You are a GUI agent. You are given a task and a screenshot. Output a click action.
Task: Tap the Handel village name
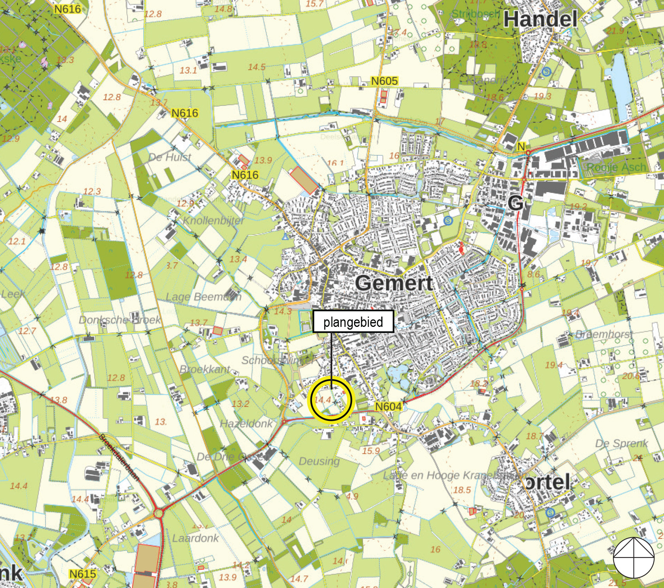(x=540, y=19)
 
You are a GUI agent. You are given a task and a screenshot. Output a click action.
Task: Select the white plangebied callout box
(x=353, y=321)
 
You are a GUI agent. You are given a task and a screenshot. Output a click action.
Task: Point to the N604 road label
(x=388, y=407)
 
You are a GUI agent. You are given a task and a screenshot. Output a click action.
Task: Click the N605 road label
(x=384, y=81)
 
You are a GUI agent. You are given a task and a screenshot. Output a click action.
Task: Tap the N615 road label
(x=82, y=574)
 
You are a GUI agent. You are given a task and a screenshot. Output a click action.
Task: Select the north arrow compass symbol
(x=633, y=558)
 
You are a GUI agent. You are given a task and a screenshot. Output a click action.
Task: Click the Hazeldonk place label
(x=246, y=424)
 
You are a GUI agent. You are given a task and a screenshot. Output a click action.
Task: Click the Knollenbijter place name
(x=214, y=220)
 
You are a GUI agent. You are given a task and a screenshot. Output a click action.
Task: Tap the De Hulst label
(x=169, y=157)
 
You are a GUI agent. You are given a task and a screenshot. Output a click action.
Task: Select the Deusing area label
(x=319, y=461)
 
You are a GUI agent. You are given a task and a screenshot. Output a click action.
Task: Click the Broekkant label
(x=205, y=369)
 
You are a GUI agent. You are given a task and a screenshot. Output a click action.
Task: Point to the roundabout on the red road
(x=159, y=513)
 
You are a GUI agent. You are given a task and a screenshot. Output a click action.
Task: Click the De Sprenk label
(x=621, y=443)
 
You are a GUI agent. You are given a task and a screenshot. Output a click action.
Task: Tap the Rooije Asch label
(x=616, y=167)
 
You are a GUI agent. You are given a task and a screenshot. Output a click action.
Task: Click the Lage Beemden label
(x=204, y=297)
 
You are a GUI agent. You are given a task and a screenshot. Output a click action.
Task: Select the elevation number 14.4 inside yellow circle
(x=323, y=400)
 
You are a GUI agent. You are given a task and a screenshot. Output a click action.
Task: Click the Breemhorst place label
(x=604, y=334)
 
